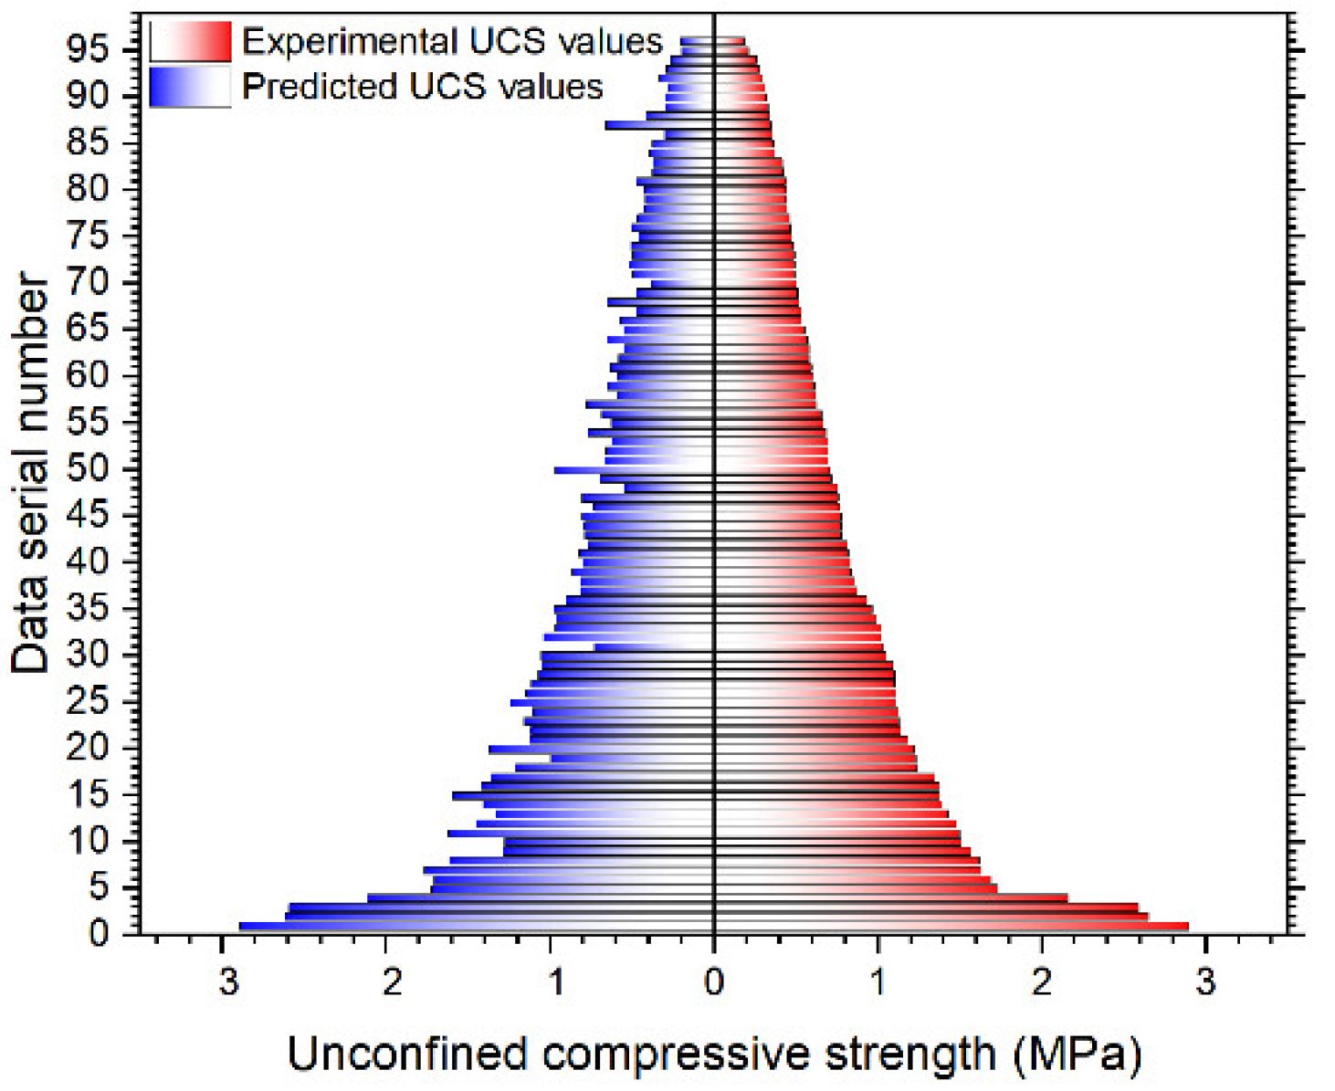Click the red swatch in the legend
point(190,42)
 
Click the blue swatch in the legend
point(190,88)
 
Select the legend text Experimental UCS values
point(452,42)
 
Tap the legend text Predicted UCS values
point(422,88)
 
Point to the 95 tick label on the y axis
point(88,49)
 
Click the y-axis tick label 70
point(88,282)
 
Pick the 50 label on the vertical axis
point(88,468)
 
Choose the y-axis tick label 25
point(88,701)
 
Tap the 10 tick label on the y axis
point(88,841)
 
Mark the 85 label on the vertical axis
point(88,142)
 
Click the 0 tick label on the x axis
point(713,982)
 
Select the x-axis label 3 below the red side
point(1205,982)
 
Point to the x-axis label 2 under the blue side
point(391,982)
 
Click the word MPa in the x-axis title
point(1077,1055)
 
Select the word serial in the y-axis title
point(30,456)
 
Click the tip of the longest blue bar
point(242,926)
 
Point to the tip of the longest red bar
point(1186,926)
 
